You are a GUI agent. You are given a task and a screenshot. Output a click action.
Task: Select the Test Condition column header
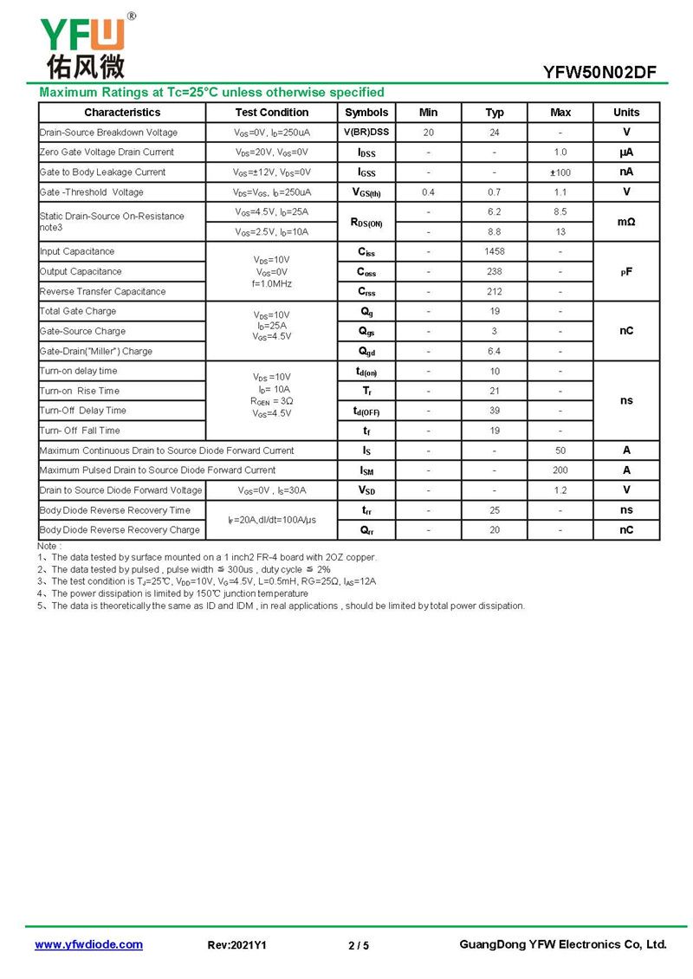271,113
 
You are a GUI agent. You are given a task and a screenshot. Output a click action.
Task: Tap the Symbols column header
366,113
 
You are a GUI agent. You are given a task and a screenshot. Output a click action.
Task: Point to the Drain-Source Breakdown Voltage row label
108,133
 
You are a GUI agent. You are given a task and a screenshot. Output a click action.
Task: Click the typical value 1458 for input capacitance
495,251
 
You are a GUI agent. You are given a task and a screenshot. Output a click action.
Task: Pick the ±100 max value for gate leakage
560,172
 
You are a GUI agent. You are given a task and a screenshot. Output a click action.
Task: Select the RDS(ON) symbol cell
366,223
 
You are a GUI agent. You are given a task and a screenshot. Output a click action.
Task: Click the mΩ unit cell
626,222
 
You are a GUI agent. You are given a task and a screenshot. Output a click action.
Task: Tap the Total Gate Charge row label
78,311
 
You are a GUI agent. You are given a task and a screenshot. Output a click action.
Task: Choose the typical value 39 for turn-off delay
495,411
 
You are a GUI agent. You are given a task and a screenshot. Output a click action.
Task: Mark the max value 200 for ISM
560,470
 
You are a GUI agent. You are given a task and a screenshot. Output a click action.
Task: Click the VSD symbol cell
366,490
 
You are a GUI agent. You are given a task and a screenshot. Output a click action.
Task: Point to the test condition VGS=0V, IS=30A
271,490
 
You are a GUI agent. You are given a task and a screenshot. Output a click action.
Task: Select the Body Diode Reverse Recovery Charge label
120,530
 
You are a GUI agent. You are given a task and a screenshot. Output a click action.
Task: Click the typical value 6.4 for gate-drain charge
495,351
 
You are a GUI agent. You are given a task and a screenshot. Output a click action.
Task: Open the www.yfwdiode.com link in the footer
88,944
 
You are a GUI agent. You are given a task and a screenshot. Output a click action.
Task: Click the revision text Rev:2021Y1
237,945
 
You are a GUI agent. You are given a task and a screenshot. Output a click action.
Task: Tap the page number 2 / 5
359,945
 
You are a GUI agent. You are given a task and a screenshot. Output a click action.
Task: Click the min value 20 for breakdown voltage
429,133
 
